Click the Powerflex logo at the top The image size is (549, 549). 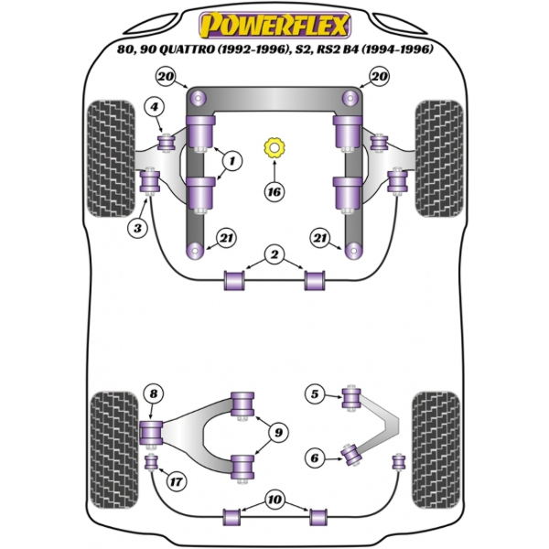click(274, 26)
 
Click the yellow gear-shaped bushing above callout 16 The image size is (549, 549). click(274, 147)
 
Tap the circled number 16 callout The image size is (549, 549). click(274, 191)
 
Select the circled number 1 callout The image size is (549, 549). click(231, 160)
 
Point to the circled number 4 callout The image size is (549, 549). click(155, 106)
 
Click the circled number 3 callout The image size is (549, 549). click(137, 228)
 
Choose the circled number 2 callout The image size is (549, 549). click(274, 254)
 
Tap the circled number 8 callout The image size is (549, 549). click(154, 393)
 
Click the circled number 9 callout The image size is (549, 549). click(278, 433)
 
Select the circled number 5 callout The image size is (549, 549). click(315, 393)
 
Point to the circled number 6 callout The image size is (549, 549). click(315, 457)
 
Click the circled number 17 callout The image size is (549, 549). click(176, 481)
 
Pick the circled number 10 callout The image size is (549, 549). click(274, 500)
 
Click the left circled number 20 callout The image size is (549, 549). click(166, 76)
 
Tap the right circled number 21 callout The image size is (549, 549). click(320, 238)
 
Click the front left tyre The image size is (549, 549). click(111, 158)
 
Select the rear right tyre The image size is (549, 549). click(436, 450)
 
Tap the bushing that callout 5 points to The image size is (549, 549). click(351, 397)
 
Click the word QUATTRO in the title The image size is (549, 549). click(187, 49)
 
